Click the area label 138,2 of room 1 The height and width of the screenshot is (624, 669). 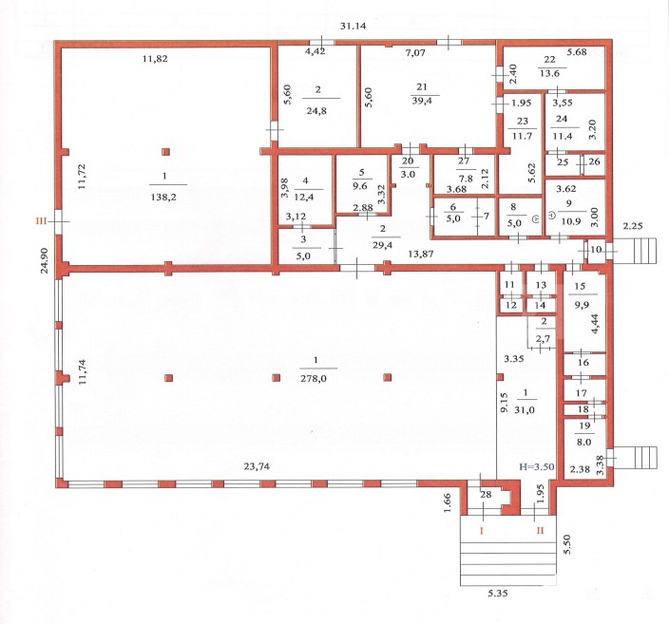point(163,197)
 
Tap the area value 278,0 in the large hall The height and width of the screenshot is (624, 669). point(314,377)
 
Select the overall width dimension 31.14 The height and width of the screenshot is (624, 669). point(353,26)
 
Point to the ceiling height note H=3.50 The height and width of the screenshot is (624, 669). point(536,466)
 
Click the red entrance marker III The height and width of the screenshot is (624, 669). point(42,221)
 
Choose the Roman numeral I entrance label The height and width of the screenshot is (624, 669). point(482,531)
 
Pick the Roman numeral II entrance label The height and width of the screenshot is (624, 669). point(540,531)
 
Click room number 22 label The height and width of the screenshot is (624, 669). point(549,60)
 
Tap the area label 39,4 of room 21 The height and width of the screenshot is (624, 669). point(421,101)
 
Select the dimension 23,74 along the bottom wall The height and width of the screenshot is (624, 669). point(257,466)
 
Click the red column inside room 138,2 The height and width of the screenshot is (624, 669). point(165,151)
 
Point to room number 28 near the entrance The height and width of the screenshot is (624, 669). point(486,494)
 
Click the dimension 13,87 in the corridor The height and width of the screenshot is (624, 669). point(421,254)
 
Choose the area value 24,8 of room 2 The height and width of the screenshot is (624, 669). point(316,111)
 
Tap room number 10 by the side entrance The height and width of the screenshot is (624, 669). point(596,249)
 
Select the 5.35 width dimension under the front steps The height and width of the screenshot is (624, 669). point(498,593)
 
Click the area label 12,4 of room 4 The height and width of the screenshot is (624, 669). point(304,197)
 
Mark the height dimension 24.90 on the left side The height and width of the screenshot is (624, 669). point(45,260)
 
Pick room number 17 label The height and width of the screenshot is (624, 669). point(582,393)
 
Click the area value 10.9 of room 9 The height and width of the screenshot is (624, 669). point(570,221)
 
